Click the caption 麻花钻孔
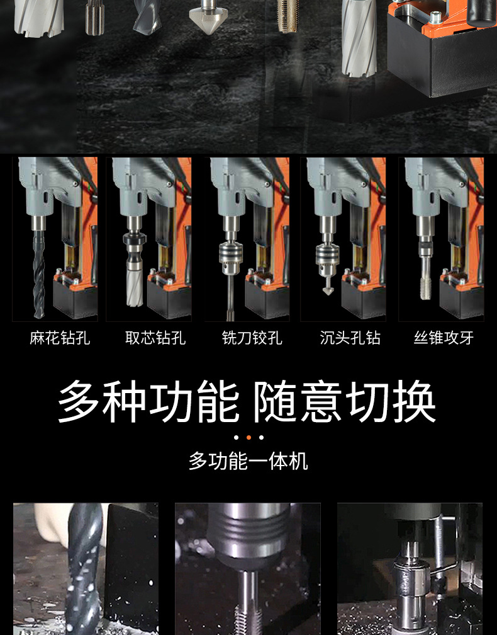[x=59, y=338]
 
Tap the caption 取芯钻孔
[x=155, y=338]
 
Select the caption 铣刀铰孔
[x=252, y=338]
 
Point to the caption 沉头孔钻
[x=350, y=338]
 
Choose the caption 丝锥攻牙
[x=444, y=338]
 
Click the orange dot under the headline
[x=248, y=437]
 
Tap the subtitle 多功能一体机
[x=248, y=461]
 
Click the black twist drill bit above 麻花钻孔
[x=39, y=274]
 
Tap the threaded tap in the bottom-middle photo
[x=247, y=604]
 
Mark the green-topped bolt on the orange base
[x=435, y=17]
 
